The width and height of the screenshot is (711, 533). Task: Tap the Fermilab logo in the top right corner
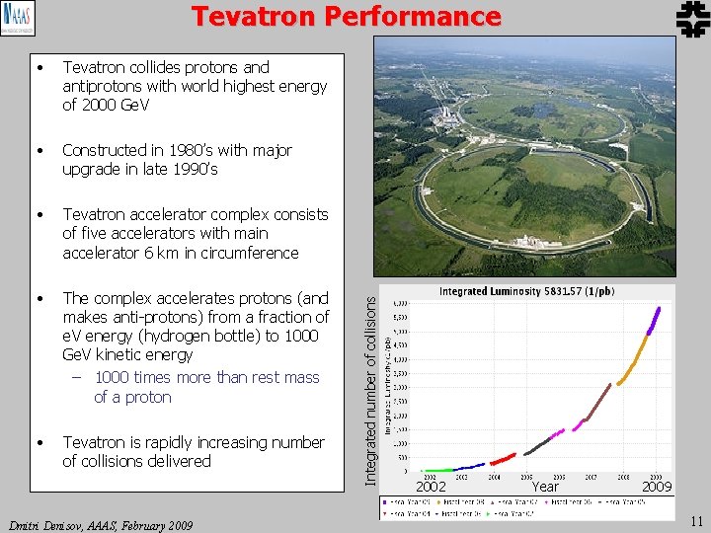[x=688, y=20]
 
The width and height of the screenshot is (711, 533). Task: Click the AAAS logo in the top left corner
[x=16, y=19]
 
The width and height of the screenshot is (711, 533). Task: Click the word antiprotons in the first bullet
[x=103, y=86]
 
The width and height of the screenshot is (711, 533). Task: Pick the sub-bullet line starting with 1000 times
[x=206, y=378]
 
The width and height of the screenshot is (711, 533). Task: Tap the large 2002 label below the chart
[x=431, y=487]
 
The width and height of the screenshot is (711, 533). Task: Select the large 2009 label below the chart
[x=656, y=487]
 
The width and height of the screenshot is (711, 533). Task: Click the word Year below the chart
[x=545, y=487]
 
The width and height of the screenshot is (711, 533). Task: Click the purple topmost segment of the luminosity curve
[x=655, y=322]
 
